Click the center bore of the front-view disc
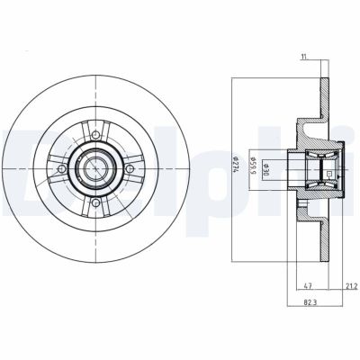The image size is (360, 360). click(x=95, y=167)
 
